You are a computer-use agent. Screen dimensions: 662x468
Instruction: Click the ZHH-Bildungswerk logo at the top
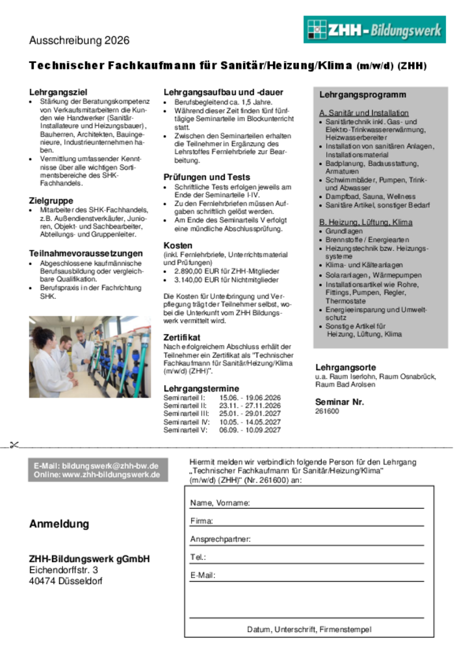tap(374, 30)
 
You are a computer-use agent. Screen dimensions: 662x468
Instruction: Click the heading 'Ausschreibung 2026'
tap(79, 40)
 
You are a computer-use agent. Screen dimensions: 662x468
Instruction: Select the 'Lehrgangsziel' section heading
tap(58, 92)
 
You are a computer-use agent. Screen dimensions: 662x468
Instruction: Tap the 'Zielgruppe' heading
tap(51, 201)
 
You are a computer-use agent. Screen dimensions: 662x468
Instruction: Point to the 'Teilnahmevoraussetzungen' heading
tap(86, 253)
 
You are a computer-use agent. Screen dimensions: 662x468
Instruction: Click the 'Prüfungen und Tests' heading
tap(206, 177)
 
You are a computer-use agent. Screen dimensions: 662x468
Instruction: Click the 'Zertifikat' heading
tap(182, 337)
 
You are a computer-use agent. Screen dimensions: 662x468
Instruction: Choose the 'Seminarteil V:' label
tap(186, 430)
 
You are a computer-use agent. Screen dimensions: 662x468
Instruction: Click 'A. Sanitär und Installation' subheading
tap(364, 113)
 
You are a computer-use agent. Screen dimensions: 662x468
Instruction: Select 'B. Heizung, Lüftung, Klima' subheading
tap(365, 222)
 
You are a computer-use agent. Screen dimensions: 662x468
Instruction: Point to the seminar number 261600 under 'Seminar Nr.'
tap(327, 411)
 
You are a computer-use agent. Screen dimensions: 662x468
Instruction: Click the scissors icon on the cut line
tap(14, 446)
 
